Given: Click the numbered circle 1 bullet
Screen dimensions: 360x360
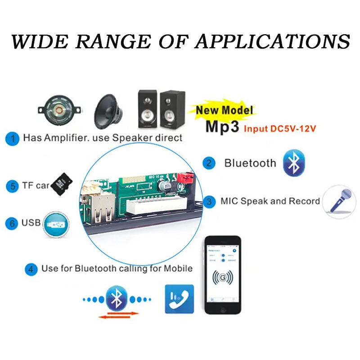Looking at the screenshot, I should click(13, 138).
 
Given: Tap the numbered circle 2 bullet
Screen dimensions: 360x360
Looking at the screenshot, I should click(208, 163).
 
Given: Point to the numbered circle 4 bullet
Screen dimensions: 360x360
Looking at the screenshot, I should click(31, 269).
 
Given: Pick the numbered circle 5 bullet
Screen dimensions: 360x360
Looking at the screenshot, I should click(13, 185).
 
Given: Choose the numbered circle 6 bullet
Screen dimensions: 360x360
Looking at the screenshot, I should click(13, 223).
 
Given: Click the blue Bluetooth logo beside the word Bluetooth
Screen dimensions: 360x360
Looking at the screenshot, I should click(293, 163).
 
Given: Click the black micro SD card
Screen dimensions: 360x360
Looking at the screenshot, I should click(61, 183).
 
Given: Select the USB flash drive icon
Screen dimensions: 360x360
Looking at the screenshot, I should click(57, 223).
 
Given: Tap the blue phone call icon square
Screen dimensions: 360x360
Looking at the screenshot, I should click(180, 298).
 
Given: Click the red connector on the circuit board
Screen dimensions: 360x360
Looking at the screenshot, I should click(184, 179).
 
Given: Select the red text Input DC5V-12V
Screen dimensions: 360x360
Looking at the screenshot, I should click(279, 128).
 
